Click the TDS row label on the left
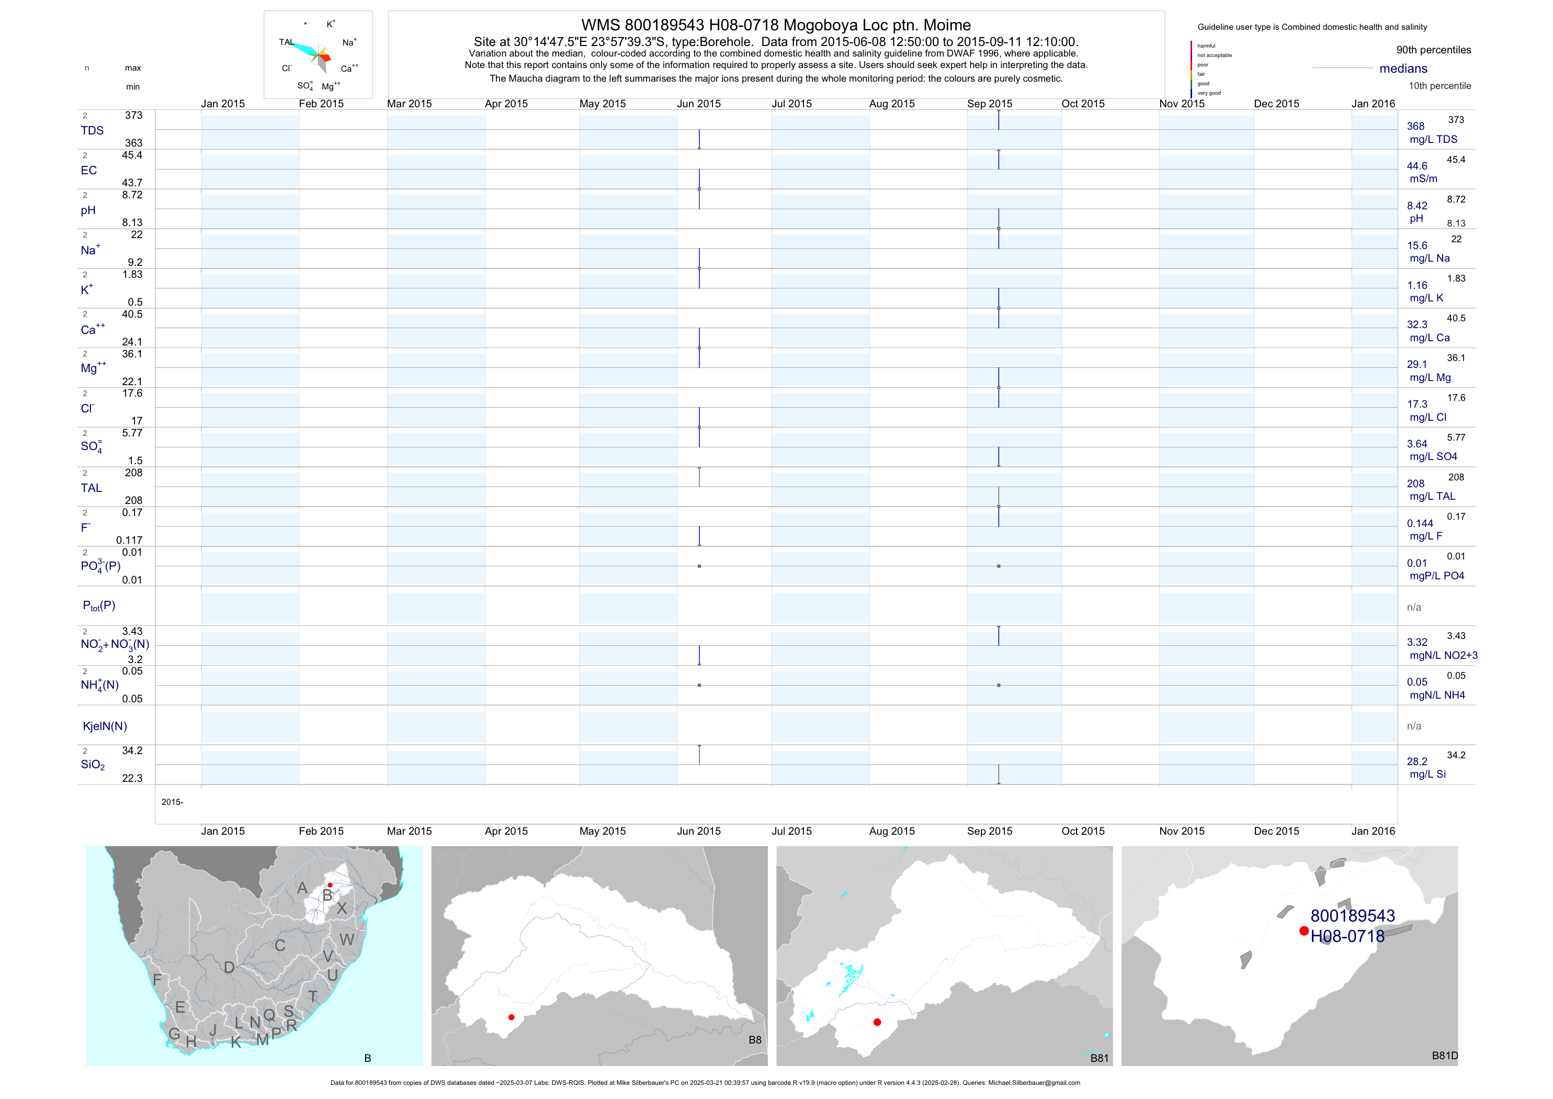coord(92,131)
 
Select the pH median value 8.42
coord(1417,206)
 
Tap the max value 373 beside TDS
coord(133,116)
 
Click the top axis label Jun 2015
coord(699,104)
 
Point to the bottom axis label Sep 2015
coord(990,831)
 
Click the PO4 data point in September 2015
coord(999,566)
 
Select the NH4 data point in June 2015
coord(699,686)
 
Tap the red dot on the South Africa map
coord(330,885)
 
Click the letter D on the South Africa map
coord(229,968)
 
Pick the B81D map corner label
coord(1445,1056)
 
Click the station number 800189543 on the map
coord(1353,916)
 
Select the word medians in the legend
coord(1403,69)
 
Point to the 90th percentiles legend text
coord(1433,50)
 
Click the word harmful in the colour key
coord(1206,46)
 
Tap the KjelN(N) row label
coord(105,726)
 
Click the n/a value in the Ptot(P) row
coord(1414,607)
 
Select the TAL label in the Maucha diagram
coord(286,42)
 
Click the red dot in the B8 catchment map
coord(512,1017)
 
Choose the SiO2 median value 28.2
coord(1417,761)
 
